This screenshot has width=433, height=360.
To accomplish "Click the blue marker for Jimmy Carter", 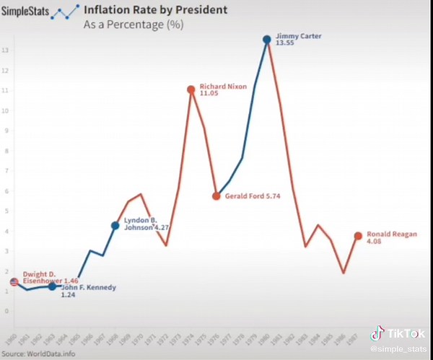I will [266, 40].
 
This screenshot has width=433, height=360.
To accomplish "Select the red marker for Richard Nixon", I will [191, 89].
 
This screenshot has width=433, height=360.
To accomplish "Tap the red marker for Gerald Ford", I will [216, 196].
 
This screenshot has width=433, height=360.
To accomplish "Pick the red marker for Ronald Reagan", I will [358, 236].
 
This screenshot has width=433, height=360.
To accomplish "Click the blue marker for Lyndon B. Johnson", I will [115, 226].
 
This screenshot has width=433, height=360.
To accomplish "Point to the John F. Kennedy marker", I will [52, 286].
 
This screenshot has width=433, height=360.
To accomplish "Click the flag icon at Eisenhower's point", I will [14, 282].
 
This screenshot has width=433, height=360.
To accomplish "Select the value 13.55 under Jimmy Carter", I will [287, 43].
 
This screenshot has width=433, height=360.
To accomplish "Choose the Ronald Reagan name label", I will [392, 234].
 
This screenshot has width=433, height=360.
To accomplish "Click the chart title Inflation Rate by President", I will [155, 10].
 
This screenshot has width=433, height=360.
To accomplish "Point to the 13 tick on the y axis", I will [5, 51].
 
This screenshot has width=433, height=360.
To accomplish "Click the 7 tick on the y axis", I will [5, 171].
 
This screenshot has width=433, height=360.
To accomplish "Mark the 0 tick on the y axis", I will [5, 312].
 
